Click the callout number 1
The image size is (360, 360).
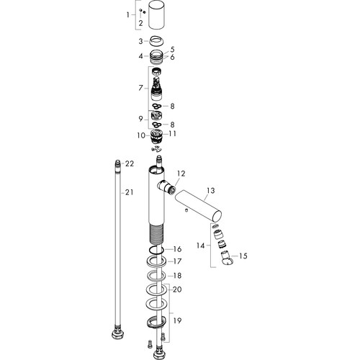pyautogui.click(x=128, y=15)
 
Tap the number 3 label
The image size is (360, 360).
pyautogui.click(x=140, y=41)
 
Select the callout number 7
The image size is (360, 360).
pyautogui.click(x=140, y=88)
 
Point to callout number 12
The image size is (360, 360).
pyautogui.click(x=181, y=174)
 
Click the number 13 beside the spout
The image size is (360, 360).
pyautogui.click(x=211, y=191)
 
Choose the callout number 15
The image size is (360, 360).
pyautogui.click(x=243, y=256)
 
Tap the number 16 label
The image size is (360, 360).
pyautogui.click(x=177, y=249)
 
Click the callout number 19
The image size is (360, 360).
pyautogui.click(x=177, y=320)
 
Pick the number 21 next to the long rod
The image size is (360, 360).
pyautogui.click(x=129, y=192)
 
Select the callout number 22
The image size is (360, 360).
pyautogui.click(x=130, y=163)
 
